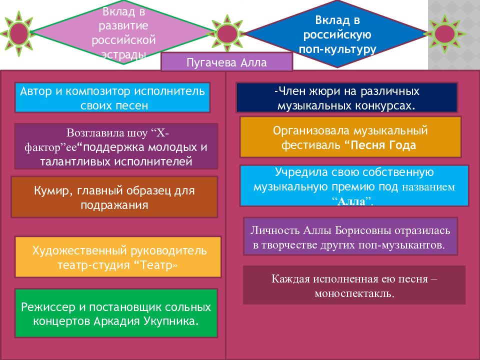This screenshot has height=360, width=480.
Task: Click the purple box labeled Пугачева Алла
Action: (226, 62)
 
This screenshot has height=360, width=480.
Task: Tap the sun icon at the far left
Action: (18, 33)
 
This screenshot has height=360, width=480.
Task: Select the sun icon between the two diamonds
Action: (227, 33)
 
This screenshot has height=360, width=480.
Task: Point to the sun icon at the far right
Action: (444, 33)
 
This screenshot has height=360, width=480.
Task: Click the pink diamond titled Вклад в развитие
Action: (123, 32)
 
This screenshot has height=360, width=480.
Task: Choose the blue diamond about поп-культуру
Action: (337, 33)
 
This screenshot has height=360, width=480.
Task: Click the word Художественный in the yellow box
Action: (79, 251)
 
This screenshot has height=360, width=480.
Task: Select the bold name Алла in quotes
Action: (351, 201)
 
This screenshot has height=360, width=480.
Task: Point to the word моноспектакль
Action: (354, 293)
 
